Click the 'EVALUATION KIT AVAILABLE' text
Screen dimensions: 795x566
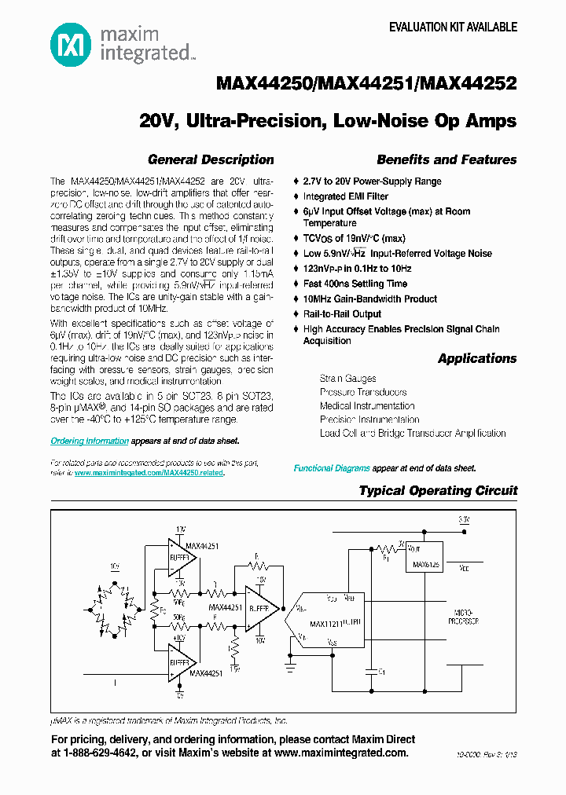coord(454,27)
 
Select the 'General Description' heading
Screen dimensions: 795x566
coord(211,159)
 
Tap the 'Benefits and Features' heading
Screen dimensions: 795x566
coord(447,159)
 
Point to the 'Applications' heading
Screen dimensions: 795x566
coord(477,358)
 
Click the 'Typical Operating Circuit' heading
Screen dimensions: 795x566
coord(438,490)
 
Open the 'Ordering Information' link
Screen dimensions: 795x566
coord(90,441)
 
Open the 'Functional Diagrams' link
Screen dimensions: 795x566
coord(332,468)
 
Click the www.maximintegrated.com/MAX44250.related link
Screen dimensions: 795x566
coord(149,474)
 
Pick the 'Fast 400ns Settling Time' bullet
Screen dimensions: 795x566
coord(355,284)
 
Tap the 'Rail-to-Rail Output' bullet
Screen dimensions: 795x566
coord(342,313)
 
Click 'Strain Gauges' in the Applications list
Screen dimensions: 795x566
coord(347,379)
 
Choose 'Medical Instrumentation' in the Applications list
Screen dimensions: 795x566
coord(367,406)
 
